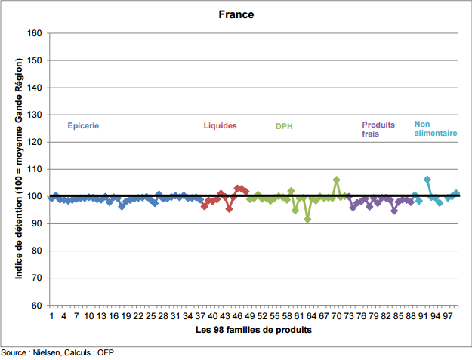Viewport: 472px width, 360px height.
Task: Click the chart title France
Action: [x=236, y=14]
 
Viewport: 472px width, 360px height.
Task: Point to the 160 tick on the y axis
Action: [x=34, y=33]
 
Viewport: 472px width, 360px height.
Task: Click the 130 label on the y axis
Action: [x=34, y=115]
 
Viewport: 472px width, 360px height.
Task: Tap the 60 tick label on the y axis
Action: [x=37, y=305]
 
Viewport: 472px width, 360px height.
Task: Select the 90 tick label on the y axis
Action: [x=37, y=223]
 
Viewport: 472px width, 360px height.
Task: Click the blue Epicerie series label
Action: [x=83, y=126]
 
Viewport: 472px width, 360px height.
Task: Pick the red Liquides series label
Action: [x=220, y=125]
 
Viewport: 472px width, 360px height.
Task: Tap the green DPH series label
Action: [x=284, y=126]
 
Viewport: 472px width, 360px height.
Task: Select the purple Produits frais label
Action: [x=378, y=129]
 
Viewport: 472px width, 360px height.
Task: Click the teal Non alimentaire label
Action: [x=436, y=128]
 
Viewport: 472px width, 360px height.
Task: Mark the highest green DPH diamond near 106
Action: [x=337, y=180]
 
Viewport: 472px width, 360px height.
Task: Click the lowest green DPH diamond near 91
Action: [x=307, y=220]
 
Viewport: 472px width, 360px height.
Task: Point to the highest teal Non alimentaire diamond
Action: [x=427, y=180]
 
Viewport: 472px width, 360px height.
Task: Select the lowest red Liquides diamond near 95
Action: [x=229, y=208]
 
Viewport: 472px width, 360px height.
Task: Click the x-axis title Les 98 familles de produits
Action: [x=254, y=330]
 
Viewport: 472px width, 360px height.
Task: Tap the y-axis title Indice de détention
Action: [x=19, y=169]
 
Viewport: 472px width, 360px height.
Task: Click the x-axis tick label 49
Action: [x=249, y=316]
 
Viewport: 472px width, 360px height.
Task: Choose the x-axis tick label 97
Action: [x=448, y=316]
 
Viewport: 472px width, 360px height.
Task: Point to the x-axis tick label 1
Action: [x=51, y=316]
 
